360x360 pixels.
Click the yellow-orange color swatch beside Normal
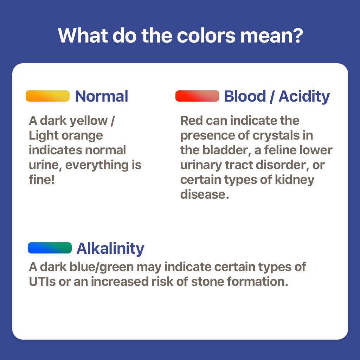coord(47,96)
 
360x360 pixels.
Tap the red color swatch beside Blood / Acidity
coord(197,96)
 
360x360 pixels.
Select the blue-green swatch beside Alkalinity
coord(50,248)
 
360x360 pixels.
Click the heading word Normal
coord(102,96)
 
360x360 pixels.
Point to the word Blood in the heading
coord(245,96)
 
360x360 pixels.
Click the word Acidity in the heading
coord(304,97)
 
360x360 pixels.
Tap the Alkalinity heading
coord(110,249)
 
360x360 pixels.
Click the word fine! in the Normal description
coord(41,179)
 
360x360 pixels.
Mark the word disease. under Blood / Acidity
coord(205,194)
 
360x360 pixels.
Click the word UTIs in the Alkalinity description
coord(42,282)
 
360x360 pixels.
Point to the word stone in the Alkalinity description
coord(207,282)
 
